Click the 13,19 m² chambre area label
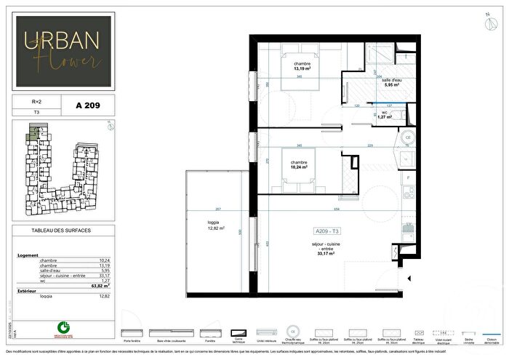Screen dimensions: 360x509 [x=302, y=66]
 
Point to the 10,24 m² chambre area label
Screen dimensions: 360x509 [x=299, y=165]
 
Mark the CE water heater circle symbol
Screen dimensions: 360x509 [x=408, y=137]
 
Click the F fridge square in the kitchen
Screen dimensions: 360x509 [x=408, y=177]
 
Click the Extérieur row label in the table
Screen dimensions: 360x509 [x=27, y=291]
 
